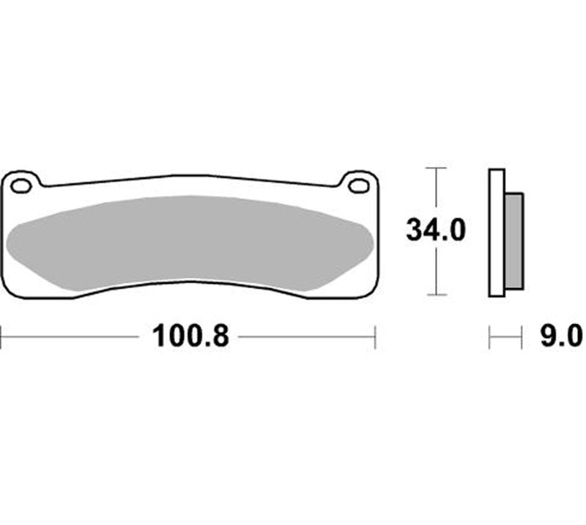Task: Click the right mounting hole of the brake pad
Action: (358, 186)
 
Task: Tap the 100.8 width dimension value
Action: (191, 337)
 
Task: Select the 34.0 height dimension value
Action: (437, 232)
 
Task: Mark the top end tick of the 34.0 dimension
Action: (437, 168)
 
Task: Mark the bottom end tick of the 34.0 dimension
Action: (437, 295)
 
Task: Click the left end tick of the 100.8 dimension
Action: (1, 337)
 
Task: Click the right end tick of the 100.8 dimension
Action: (375, 337)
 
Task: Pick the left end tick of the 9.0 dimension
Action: (490, 337)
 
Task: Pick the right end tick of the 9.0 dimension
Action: (522, 337)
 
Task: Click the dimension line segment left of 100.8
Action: (73, 337)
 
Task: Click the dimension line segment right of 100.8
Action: (308, 337)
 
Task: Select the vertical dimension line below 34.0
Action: (437, 271)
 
